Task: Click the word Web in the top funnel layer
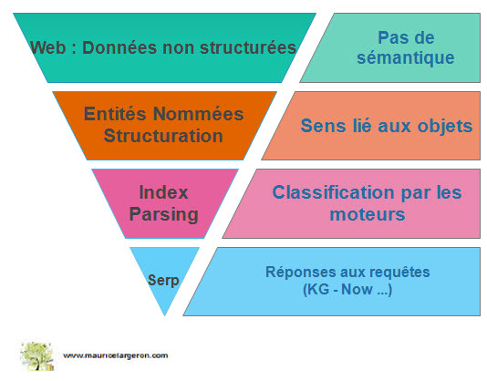tap(47, 47)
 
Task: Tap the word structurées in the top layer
tap(248, 47)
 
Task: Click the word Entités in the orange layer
tap(115, 113)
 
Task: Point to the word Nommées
tap(199, 114)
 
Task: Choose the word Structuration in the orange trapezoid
tap(163, 136)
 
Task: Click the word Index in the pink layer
tap(163, 192)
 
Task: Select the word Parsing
tap(163, 214)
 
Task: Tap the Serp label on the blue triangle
tap(163, 281)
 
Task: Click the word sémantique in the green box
tap(405, 57)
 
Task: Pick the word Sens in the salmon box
tap(323, 126)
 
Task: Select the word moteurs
tap(368, 214)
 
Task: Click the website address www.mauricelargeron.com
tap(116, 355)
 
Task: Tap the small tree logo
tap(36, 355)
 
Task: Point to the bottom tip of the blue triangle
tap(164, 315)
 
